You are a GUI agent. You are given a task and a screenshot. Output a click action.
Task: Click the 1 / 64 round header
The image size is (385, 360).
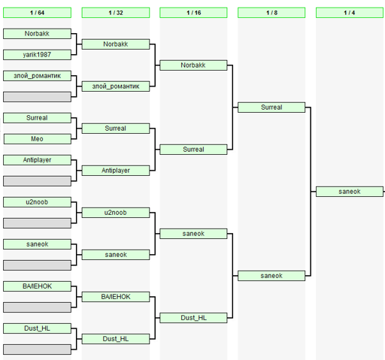pos(37,13)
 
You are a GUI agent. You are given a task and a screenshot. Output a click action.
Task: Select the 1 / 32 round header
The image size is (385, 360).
pos(116,13)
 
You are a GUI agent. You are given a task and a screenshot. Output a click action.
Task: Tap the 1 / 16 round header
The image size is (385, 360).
pos(193,13)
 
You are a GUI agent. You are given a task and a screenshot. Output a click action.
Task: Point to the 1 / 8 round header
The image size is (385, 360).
pos(271,13)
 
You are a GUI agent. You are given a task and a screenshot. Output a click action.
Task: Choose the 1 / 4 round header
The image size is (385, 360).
pos(350,13)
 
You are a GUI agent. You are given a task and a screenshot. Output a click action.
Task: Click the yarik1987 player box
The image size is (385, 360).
pos(37,55)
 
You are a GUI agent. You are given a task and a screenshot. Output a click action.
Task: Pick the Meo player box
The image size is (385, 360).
pos(37,139)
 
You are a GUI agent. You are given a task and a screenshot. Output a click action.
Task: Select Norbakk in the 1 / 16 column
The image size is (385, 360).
pos(193,65)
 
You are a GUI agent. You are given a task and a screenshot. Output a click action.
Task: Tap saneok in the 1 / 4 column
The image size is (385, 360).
pos(350,192)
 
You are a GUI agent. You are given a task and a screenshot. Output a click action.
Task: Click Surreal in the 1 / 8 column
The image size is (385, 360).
pos(271,107)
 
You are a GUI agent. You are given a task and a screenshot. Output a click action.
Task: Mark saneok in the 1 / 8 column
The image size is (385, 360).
pos(271,276)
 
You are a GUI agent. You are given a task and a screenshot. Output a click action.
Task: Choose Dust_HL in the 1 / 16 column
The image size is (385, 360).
pos(193,318)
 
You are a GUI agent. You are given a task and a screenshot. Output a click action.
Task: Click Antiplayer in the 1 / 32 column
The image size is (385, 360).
pos(116,171)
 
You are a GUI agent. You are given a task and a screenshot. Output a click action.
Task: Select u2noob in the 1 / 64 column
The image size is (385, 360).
pos(37,202)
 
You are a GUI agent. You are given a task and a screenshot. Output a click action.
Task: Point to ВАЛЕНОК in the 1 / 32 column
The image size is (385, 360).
pos(116,297)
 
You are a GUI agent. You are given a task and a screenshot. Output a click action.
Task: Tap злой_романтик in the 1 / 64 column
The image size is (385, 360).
pos(37,76)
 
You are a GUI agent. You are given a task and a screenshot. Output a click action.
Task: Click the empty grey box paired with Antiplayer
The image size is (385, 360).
pos(37,181)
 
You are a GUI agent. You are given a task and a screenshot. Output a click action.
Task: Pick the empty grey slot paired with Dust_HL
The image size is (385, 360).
pos(37,349)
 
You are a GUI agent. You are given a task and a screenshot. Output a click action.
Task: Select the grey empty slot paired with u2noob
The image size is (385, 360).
pos(37,223)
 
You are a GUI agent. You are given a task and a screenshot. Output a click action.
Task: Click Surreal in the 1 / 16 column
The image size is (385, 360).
pos(193,150)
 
